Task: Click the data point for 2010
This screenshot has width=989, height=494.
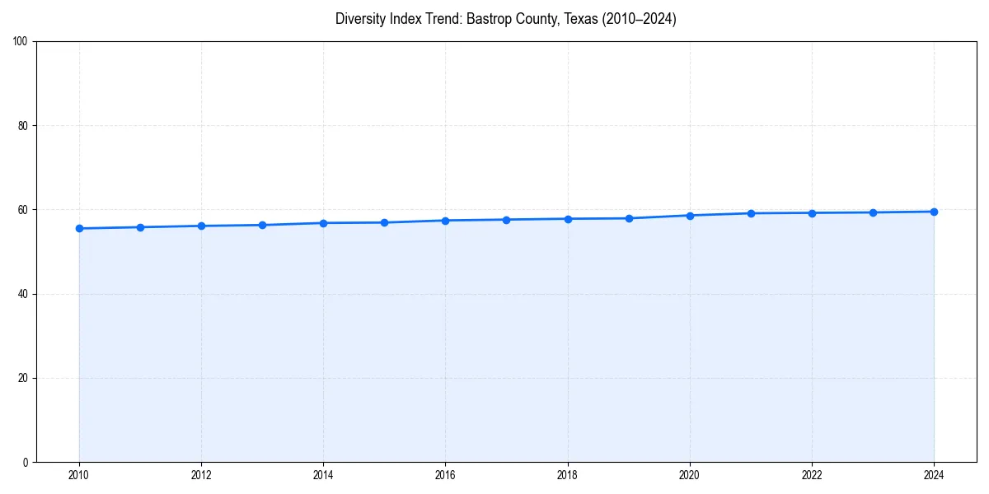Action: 79,228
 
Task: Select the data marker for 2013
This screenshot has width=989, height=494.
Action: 262,225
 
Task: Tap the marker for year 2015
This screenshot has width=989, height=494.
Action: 384,222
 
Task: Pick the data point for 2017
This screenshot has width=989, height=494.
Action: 506,220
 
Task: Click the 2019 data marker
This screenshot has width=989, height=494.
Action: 629,218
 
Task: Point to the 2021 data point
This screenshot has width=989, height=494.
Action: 751,213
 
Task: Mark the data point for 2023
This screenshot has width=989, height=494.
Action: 873,212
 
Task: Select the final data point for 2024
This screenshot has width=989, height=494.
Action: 934,212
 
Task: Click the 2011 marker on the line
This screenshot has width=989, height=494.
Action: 140,227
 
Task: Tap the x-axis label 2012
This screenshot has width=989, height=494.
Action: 201,475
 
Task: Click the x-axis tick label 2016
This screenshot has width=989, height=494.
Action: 445,475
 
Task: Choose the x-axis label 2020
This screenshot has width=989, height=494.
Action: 690,475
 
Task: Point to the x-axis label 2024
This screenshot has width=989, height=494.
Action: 934,475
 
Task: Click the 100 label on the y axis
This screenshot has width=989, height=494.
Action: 21,42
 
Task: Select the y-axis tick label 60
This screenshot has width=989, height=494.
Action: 24,210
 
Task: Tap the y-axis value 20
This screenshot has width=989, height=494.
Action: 24,378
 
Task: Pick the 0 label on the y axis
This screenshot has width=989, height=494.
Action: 26,462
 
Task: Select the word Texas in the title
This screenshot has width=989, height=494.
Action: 581,19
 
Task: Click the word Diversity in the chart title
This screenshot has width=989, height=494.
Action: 359,19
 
